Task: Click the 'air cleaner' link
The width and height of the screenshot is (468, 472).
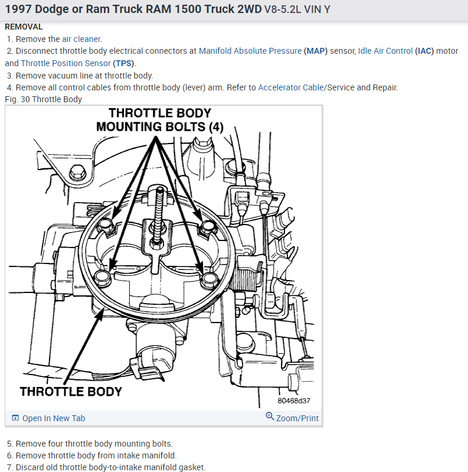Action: pyautogui.click(x=81, y=39)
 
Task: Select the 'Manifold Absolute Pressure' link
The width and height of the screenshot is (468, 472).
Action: pyautogui.click(x=250, y=51)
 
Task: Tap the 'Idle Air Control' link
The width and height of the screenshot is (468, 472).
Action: pyautogui.click(x=385, y=51)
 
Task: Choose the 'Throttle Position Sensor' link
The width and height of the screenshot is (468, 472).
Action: pyautogui.click(x=66, y=63)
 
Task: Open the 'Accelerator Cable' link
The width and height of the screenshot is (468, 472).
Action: pyautogui.click(x=290, y=87)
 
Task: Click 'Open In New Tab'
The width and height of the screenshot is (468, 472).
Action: pyautogui.click(x=54, y=418)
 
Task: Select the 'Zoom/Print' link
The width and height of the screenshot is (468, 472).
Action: pyautogui.click(x=297, y=418)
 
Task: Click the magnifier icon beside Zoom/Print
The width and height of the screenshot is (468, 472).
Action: pyautogui.click(x=270, y=417)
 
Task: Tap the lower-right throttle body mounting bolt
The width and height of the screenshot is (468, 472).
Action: pyautogui.click(x=207, y=279)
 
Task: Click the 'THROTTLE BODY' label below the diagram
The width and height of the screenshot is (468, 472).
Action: pyautogui.click(x=71, y=391)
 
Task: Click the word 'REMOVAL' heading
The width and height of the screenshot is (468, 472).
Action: pyautogui.click(x=24, y=27)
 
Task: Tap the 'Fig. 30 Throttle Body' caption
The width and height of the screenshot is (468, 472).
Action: pyautogui.click(x=43, y=99)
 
